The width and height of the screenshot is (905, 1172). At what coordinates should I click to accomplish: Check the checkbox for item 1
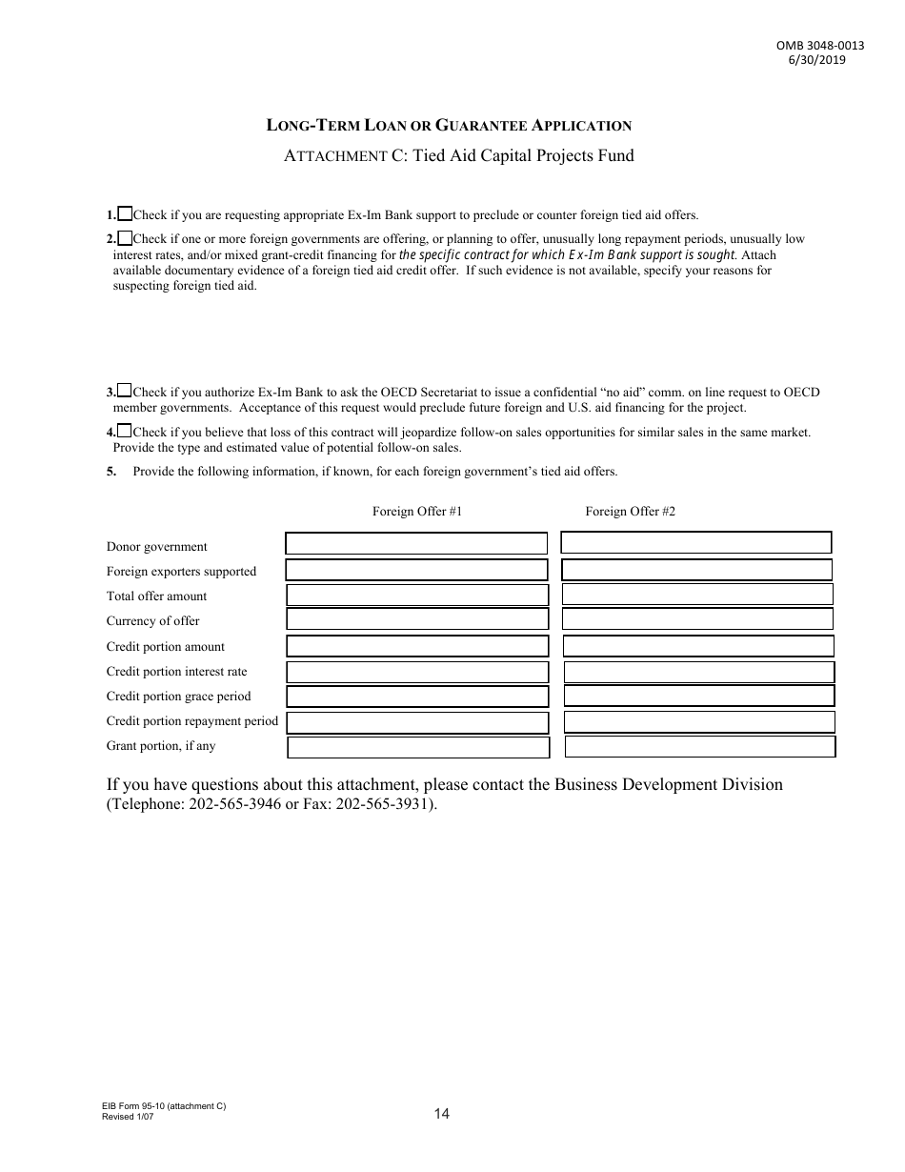[125, 214]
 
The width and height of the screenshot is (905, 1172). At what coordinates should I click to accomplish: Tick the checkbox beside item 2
[125, 238]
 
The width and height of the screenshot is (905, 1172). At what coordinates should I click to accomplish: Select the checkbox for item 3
[125, 391]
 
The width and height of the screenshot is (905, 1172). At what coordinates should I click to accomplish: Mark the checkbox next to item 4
[125, 431]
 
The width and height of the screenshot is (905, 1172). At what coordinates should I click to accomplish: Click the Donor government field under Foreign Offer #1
[416, 543]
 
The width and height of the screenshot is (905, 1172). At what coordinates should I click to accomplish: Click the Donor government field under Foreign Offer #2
[695, 542]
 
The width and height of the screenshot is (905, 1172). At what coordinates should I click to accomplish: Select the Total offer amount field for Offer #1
[417, 595]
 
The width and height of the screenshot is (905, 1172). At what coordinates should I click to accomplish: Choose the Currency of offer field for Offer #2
[697, 619]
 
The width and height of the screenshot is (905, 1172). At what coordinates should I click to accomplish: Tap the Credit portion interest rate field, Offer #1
[417, 672]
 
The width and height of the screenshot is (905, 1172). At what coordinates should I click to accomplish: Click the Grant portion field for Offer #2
[699, 747]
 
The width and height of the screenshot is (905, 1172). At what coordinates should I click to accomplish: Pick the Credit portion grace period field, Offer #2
[699, 696]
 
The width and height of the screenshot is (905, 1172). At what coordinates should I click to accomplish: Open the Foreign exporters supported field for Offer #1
[416, 570]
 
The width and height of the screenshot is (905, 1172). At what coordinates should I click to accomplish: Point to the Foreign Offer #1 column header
[417, 512]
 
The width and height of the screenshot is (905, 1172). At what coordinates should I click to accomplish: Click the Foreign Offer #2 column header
[630, 512]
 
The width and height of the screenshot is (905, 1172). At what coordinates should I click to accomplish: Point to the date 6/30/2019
[816, 59]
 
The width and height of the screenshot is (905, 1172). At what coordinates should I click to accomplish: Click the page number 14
[441, 1113]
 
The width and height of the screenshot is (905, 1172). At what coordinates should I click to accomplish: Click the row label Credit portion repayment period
[191, 721]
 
